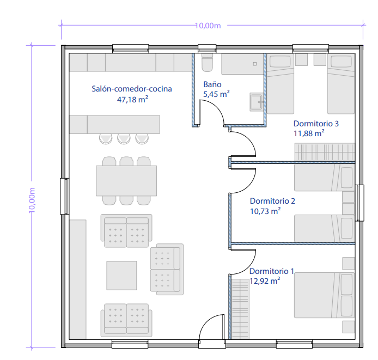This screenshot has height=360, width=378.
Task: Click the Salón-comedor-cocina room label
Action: (x=132, y=89)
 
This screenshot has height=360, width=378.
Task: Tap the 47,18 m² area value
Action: (x=132, y=99)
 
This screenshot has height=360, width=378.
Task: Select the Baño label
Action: (x=212, y=84)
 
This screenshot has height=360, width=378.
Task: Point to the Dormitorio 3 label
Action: (x=316, y=124)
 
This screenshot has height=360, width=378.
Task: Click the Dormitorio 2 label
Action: (x=272, y=201)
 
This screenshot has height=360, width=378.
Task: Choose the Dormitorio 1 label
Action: (x=272, y=271)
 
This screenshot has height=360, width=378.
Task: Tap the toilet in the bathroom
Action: (x=207, y=63)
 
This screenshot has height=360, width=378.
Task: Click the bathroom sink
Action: (x=257, y=102)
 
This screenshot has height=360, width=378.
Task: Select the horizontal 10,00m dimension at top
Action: (x=208, y=25)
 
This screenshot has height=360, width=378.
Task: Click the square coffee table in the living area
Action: (x=122, y=276)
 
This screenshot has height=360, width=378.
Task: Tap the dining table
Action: (x=126, y=181)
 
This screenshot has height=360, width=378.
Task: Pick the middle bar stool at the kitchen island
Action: (x=124, y=139)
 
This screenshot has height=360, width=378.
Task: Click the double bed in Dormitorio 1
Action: (x=324, y=295)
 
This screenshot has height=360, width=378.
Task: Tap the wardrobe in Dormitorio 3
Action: (x=325, y=152)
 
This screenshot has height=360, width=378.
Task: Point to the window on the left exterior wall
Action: (x=64, y=196)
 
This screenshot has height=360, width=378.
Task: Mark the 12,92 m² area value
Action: (x=265, y=281)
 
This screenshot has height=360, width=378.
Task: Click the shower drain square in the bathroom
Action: (x=255, y=64)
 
